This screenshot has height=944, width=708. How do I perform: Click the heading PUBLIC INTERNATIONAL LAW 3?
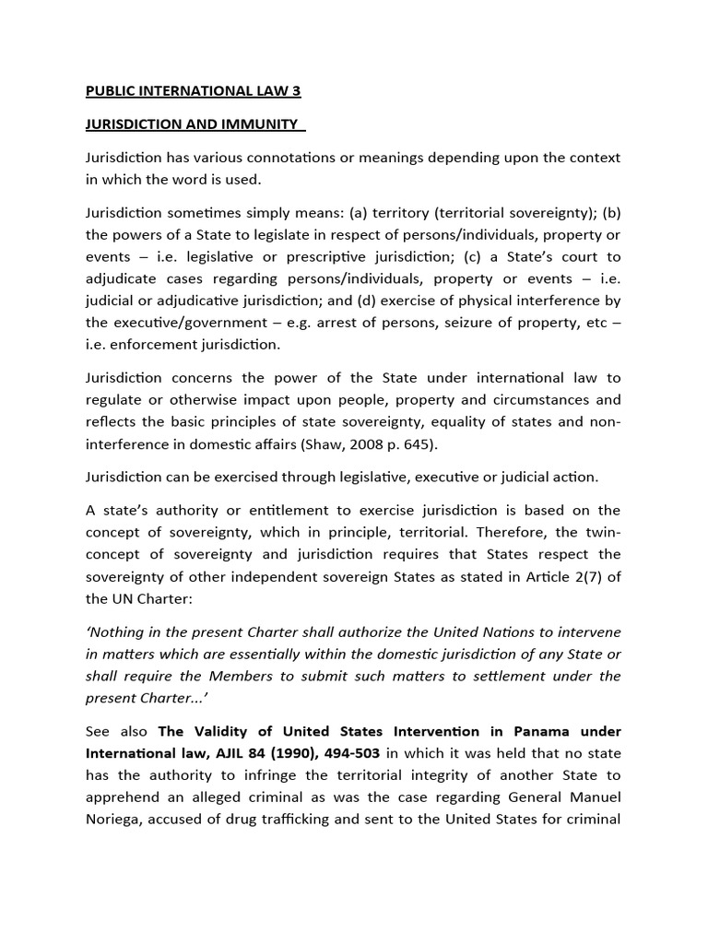[193, 90]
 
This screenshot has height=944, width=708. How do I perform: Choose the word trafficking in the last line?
[270, 820]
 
